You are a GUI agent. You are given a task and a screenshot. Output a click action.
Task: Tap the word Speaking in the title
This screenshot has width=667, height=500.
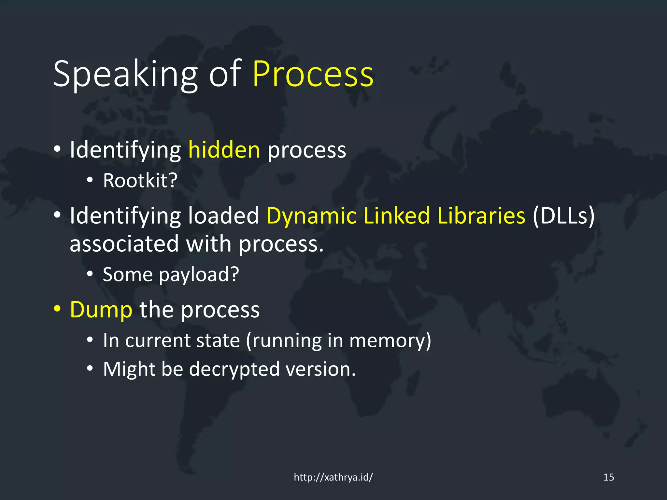coord(125,75)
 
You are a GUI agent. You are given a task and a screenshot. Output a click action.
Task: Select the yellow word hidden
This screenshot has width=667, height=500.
coord(224,150)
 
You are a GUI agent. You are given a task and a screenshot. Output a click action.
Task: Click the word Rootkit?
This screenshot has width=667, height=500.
coord(140,180)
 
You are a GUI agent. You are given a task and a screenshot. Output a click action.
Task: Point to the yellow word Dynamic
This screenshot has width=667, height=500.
coord(311,216)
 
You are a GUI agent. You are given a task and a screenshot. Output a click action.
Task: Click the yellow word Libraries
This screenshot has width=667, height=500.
coord(481,216)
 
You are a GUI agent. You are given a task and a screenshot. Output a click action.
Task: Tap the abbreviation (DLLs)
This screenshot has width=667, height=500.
coord(563,216)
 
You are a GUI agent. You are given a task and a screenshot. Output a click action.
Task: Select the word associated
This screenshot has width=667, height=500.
coord(124,244)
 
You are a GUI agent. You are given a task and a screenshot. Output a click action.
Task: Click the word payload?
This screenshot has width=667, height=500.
coord(199,274)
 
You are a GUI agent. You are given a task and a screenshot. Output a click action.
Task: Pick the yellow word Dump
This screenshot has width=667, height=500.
coord(101,310)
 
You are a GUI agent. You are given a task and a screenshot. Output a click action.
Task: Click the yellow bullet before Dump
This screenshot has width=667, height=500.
coord(57,308)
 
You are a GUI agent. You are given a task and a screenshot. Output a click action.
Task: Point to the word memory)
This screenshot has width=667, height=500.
coord(390,341)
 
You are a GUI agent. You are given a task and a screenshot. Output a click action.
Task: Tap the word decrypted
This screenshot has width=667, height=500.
coord(234,369)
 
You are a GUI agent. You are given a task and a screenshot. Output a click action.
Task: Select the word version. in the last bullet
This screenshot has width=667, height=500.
coord(320,369)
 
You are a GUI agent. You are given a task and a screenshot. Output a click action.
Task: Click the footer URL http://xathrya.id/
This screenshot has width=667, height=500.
coord(333,477)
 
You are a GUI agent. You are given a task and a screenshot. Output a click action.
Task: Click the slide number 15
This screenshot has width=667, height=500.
coord(608,477)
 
